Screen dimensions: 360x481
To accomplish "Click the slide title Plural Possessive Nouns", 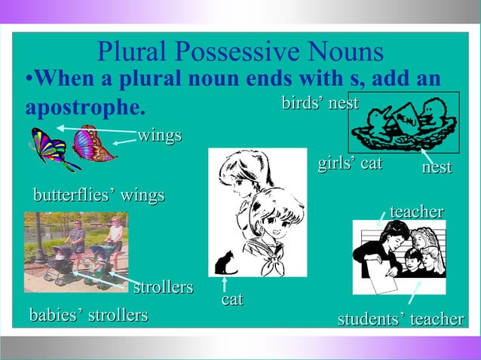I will point(240,52).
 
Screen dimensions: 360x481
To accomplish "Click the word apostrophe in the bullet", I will point(84,107).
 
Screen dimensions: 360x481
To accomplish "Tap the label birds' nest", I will point(320,102).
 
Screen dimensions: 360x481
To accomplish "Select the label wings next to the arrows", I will point(159,136).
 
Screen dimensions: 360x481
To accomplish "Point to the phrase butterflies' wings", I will point(99,196).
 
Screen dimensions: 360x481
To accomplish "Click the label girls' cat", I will point(351,163).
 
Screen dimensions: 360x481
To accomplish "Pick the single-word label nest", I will point(437,167).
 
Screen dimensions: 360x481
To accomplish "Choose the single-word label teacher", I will point(416,212).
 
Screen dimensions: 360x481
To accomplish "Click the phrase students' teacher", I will point(400,319).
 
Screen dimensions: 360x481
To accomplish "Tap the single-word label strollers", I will point(163,288).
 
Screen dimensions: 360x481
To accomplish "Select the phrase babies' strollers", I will point(87,314).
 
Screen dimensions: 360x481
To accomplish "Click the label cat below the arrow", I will point(232,300).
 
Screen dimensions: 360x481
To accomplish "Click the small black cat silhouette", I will point(225,263).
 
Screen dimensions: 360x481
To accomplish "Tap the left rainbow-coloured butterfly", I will point(52,148).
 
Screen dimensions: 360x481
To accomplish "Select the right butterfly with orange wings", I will point(93,143).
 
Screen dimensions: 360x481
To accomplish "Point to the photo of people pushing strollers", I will point(75,251).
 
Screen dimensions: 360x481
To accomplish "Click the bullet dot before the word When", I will point(29,80).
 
